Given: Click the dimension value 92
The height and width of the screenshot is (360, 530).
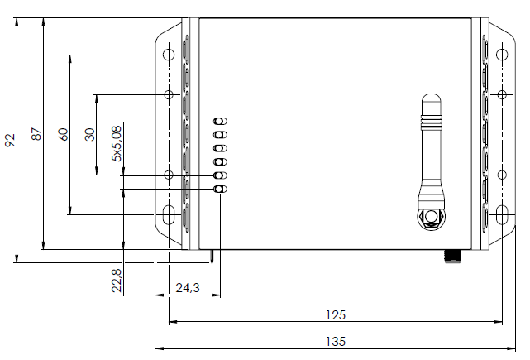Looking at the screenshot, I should coord(10,139).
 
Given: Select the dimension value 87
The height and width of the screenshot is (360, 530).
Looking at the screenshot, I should coord(36,134).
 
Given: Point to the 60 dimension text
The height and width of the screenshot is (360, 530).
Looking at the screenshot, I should coord(63,135).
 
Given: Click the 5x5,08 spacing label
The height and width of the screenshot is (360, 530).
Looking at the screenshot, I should coord(117,142).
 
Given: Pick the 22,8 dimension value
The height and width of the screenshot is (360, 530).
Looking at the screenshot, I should coord(117,280).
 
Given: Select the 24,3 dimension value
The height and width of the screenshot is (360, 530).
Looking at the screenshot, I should coord(188,288).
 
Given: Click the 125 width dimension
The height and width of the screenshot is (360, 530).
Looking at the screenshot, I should coord(335,314).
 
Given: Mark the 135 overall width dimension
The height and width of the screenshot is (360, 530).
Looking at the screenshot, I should coord(335,341).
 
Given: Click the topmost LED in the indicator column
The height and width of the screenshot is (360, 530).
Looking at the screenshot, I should coord(220,121).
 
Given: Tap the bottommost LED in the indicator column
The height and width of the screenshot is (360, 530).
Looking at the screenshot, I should coord(220,190).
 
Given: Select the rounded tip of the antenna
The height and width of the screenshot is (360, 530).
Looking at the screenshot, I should coord(430,100).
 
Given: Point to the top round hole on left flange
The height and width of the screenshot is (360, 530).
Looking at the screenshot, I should coord(170,55).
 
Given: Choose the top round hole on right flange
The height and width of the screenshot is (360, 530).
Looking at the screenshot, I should coord(501,55).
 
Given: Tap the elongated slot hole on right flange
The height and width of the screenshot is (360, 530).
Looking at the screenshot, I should coord(501,215).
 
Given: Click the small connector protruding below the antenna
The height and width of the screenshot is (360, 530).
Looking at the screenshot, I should coord(453,255).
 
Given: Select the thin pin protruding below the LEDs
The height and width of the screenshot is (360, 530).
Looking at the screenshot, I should coord(215,257).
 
